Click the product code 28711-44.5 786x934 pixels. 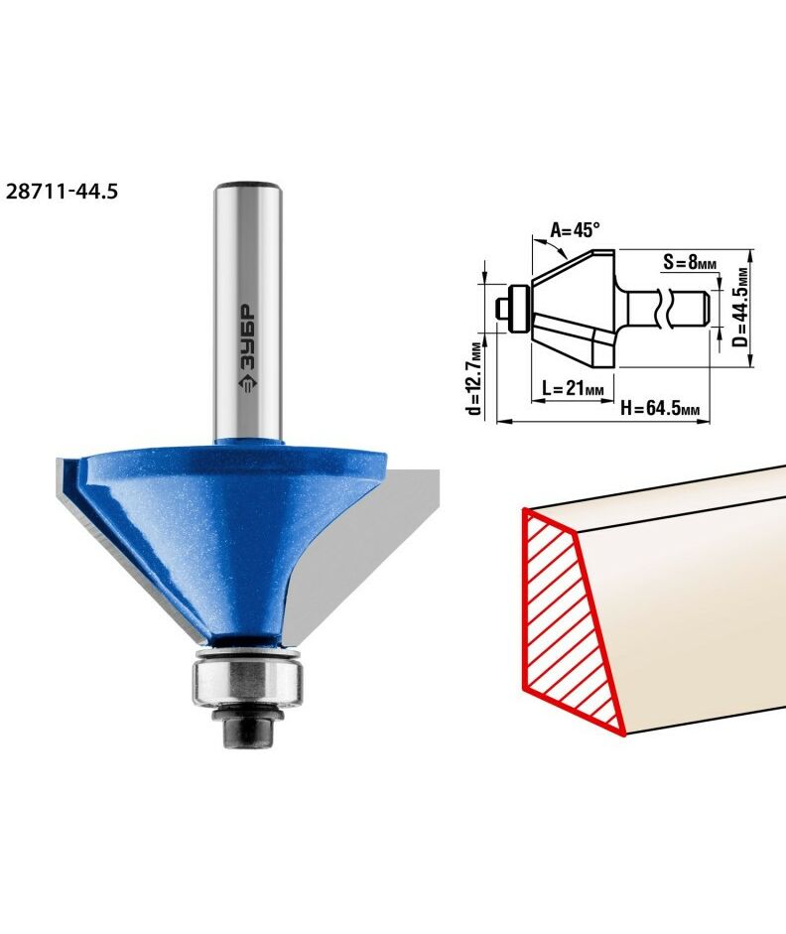(62, 192)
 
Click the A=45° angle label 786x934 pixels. (574, 229)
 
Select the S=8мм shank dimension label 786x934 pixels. (689, 261)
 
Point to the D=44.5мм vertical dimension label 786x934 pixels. (740, 308)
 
